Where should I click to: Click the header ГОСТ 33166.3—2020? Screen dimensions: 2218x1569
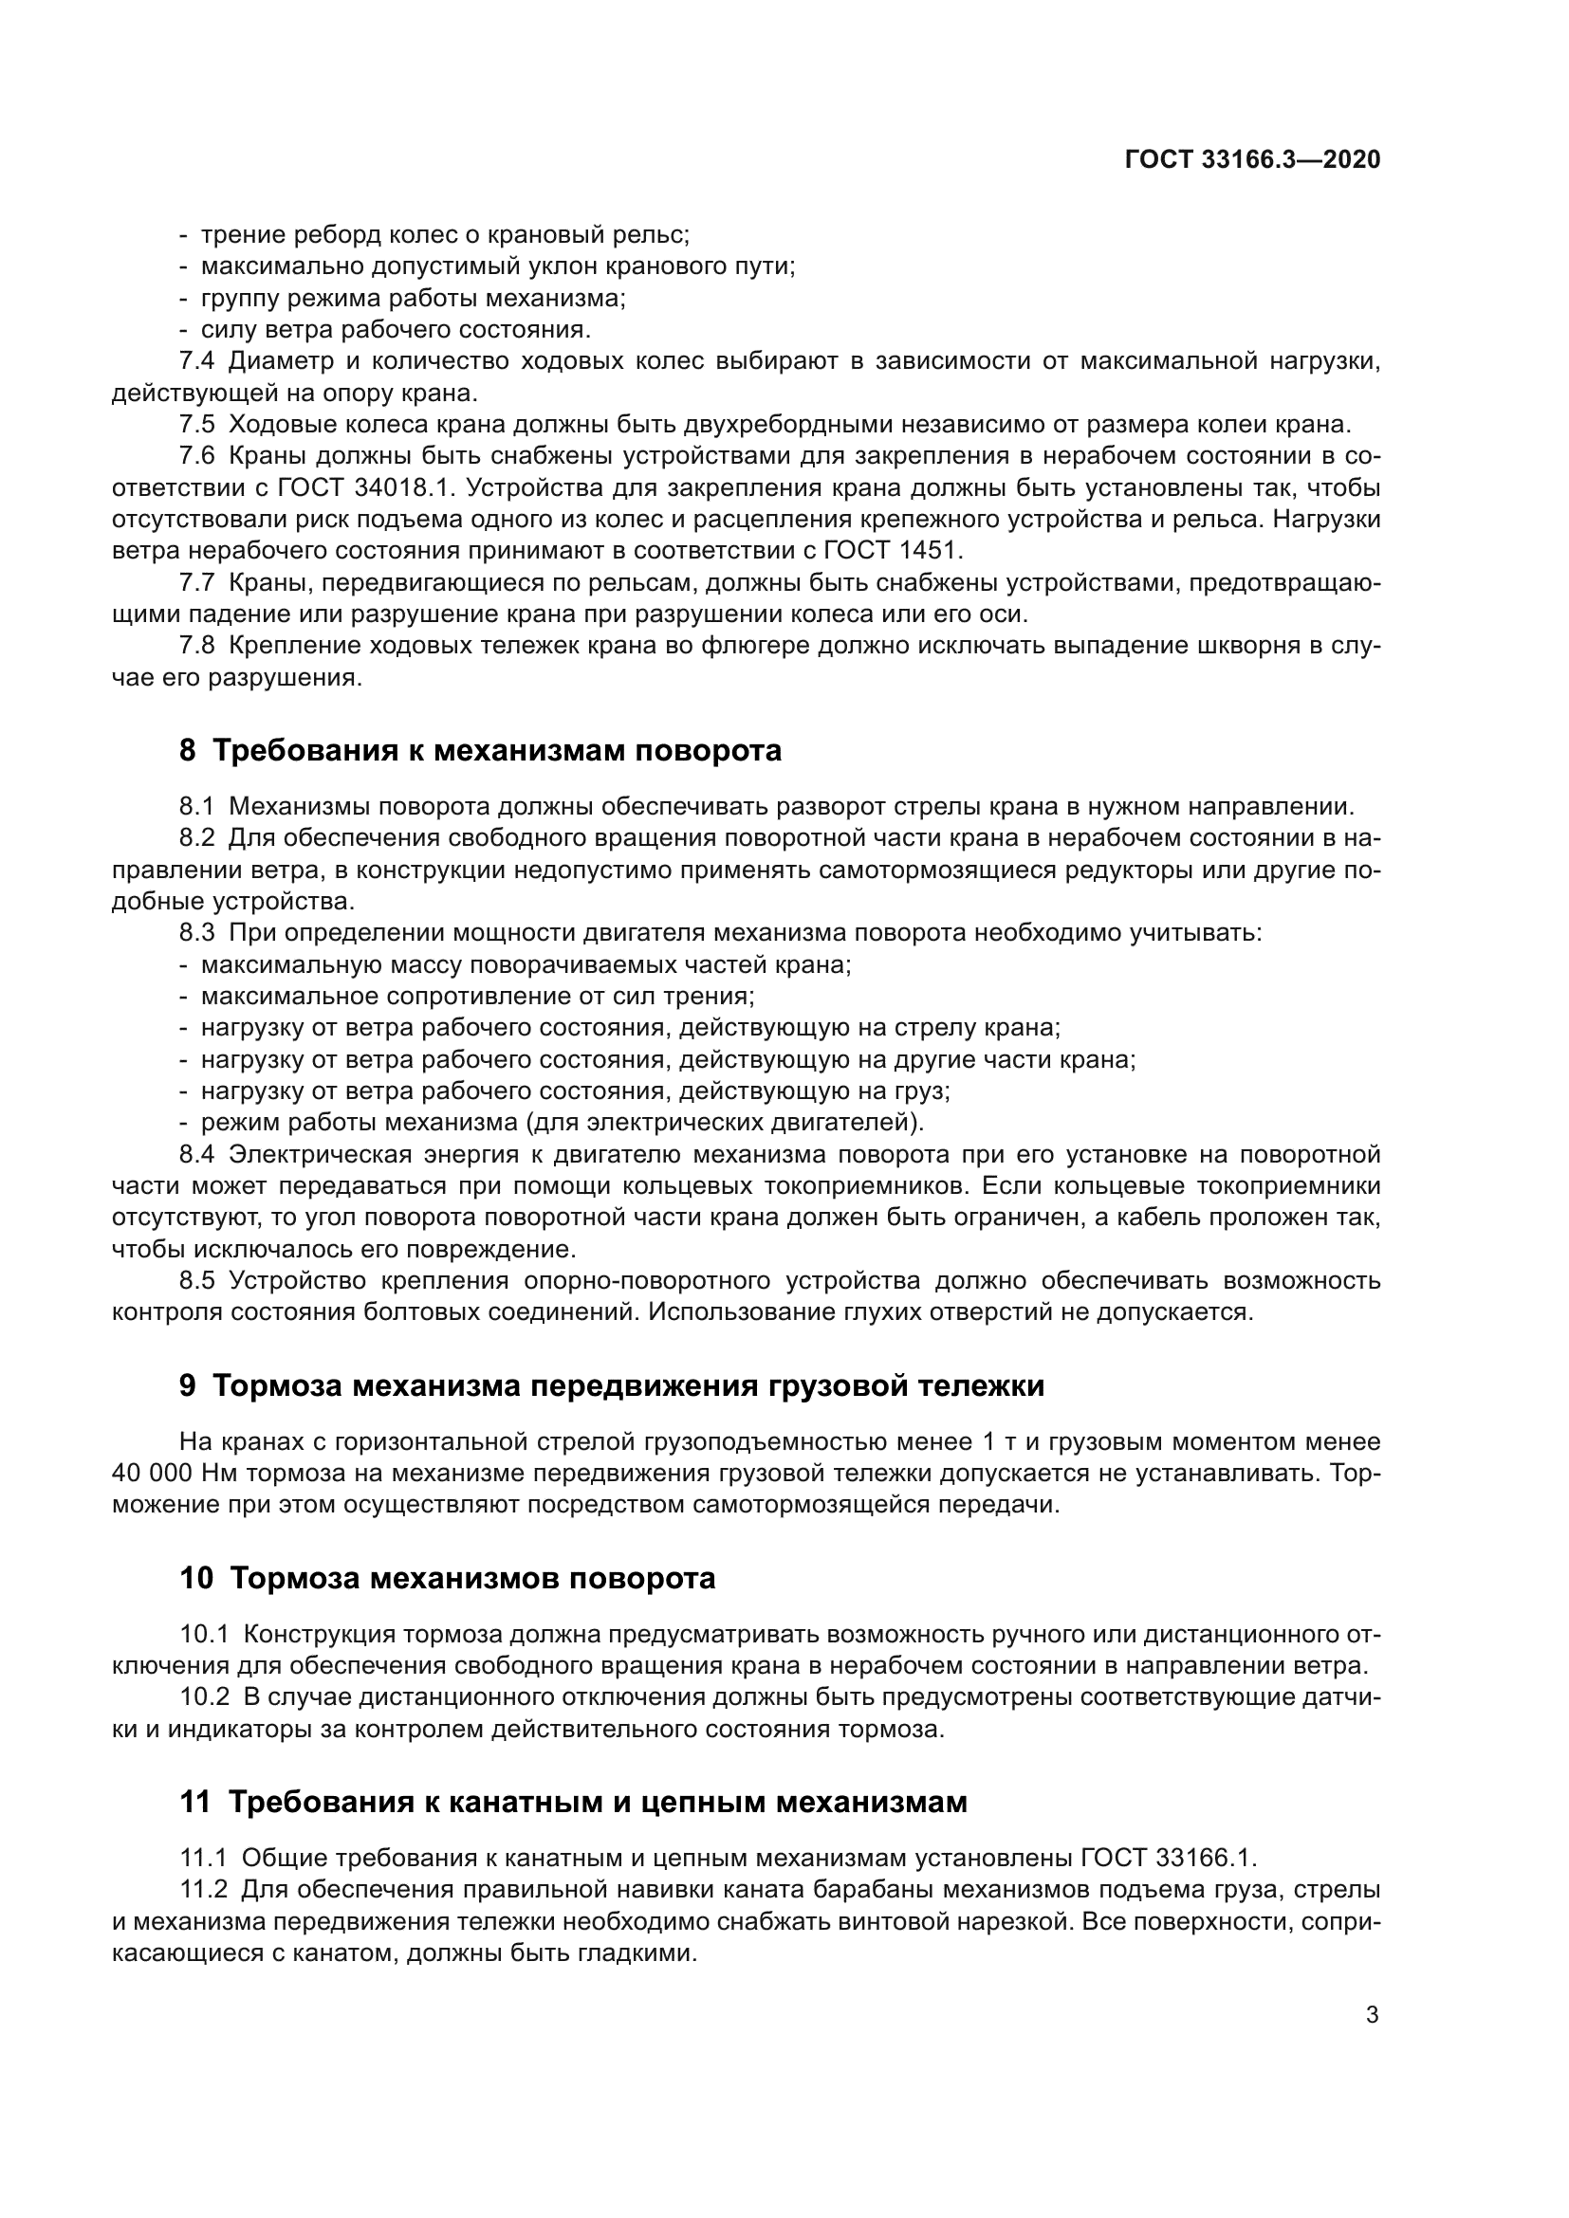click(1252, 159)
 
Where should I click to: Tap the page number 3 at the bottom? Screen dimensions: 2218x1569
click(1372, 2015)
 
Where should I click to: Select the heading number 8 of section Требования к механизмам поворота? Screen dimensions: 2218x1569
click(188, 751)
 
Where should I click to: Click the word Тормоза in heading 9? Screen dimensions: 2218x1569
click(276, 1386)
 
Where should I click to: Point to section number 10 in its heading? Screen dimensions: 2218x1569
click(196, 1579)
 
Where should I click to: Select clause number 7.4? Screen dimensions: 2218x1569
click(197, 361)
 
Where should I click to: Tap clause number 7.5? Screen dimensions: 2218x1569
click(197, 424)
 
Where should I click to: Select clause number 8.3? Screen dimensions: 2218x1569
click(197, 933)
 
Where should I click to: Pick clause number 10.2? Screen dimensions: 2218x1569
click(205, 1697)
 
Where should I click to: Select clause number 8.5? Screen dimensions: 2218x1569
click(197, 1281)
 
